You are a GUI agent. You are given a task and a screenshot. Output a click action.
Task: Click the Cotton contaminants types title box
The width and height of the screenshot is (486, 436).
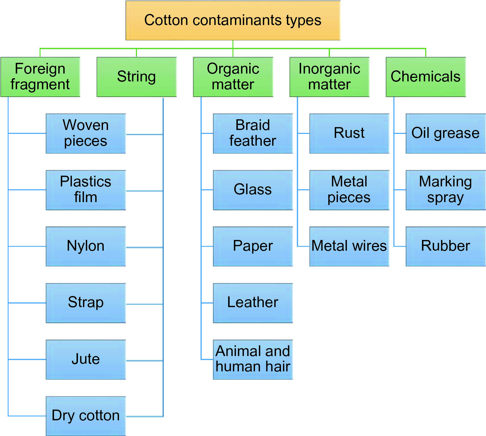pyautogui.click(x=233, y=20)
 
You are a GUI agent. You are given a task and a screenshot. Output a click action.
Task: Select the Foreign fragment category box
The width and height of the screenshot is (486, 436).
pyautogui.click(x=40, y=77)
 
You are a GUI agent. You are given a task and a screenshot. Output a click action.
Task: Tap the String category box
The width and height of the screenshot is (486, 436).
pyautogui.click(x=136, y=77)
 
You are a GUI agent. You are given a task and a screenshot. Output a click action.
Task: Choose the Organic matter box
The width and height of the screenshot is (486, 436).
pyautogui.click(x=233, y=77)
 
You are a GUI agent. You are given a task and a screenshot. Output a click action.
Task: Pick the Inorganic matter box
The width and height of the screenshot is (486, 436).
pyautogui.click(x=329, y=77)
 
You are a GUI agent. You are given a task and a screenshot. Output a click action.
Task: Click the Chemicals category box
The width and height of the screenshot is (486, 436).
pyautogui.click(x=426, y=77)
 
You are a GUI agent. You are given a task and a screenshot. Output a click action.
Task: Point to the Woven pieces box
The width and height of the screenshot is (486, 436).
pyautogui.click(x=86, y=133)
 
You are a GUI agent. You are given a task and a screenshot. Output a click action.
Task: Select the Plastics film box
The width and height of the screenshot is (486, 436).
pyautogui.click(x=86, y=190)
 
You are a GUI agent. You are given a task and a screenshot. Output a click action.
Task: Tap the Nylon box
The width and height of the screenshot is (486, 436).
pyautogui.click(x=86, y=246)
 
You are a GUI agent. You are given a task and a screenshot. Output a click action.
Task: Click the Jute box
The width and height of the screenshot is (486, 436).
pyautogui.click(x=86, y=359)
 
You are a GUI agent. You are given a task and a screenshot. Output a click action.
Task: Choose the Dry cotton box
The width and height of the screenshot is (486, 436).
pyautogui.click(x=86, y=416)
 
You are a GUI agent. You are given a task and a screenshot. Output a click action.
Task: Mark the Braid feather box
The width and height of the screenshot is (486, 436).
pyautogui.click(x=253, y=133)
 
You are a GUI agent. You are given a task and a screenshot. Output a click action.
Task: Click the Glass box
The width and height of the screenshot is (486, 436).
pyautogui.click(x=253, y=190)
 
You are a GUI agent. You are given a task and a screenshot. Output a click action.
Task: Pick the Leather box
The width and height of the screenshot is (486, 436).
pyautogui.click(x=253, y=303)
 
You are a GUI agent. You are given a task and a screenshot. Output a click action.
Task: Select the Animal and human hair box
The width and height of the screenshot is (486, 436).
pyautogui.click(x=253, y=359)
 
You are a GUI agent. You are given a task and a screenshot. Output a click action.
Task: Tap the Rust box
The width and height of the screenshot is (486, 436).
pyautogui.click(x=349, y=133)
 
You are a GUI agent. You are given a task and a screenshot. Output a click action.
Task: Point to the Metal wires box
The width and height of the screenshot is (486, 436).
pyautogui.click(x=349, y=246)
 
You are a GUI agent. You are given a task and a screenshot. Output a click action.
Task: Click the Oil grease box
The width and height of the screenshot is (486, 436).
pyautogui.click(x=446, y=133)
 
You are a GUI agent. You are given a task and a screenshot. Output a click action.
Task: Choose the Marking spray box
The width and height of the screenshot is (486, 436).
pyautogui.click(x=446, y=190)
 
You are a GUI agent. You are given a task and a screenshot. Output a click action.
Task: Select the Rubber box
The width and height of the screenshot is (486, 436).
pyautogui.click(x=446, y=246)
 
